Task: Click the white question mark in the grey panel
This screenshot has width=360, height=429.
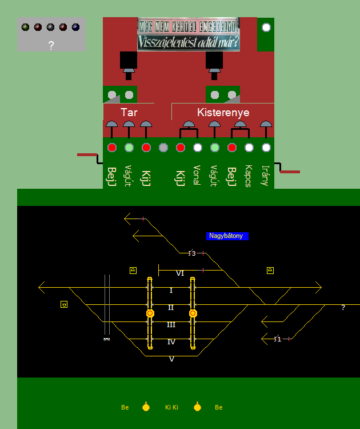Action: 51,46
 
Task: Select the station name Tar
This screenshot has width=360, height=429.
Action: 129,112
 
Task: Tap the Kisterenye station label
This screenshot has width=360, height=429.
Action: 223,112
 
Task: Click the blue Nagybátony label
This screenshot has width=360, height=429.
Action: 227,236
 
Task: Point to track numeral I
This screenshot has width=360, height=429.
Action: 171,291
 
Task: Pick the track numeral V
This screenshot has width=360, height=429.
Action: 171,359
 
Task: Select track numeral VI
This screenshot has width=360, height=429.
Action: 180,273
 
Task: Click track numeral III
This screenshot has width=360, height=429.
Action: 171,325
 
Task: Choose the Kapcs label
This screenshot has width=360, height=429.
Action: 249,176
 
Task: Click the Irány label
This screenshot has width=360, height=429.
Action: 266,176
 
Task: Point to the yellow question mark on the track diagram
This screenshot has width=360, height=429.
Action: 343,308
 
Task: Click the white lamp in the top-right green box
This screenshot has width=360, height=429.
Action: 266,27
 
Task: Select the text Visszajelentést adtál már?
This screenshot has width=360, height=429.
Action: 189,42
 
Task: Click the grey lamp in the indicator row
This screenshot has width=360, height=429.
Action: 163,148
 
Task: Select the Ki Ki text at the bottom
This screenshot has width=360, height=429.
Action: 171,408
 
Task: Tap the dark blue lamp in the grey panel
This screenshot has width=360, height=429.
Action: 75,27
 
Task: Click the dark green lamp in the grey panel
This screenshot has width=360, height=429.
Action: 25,27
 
